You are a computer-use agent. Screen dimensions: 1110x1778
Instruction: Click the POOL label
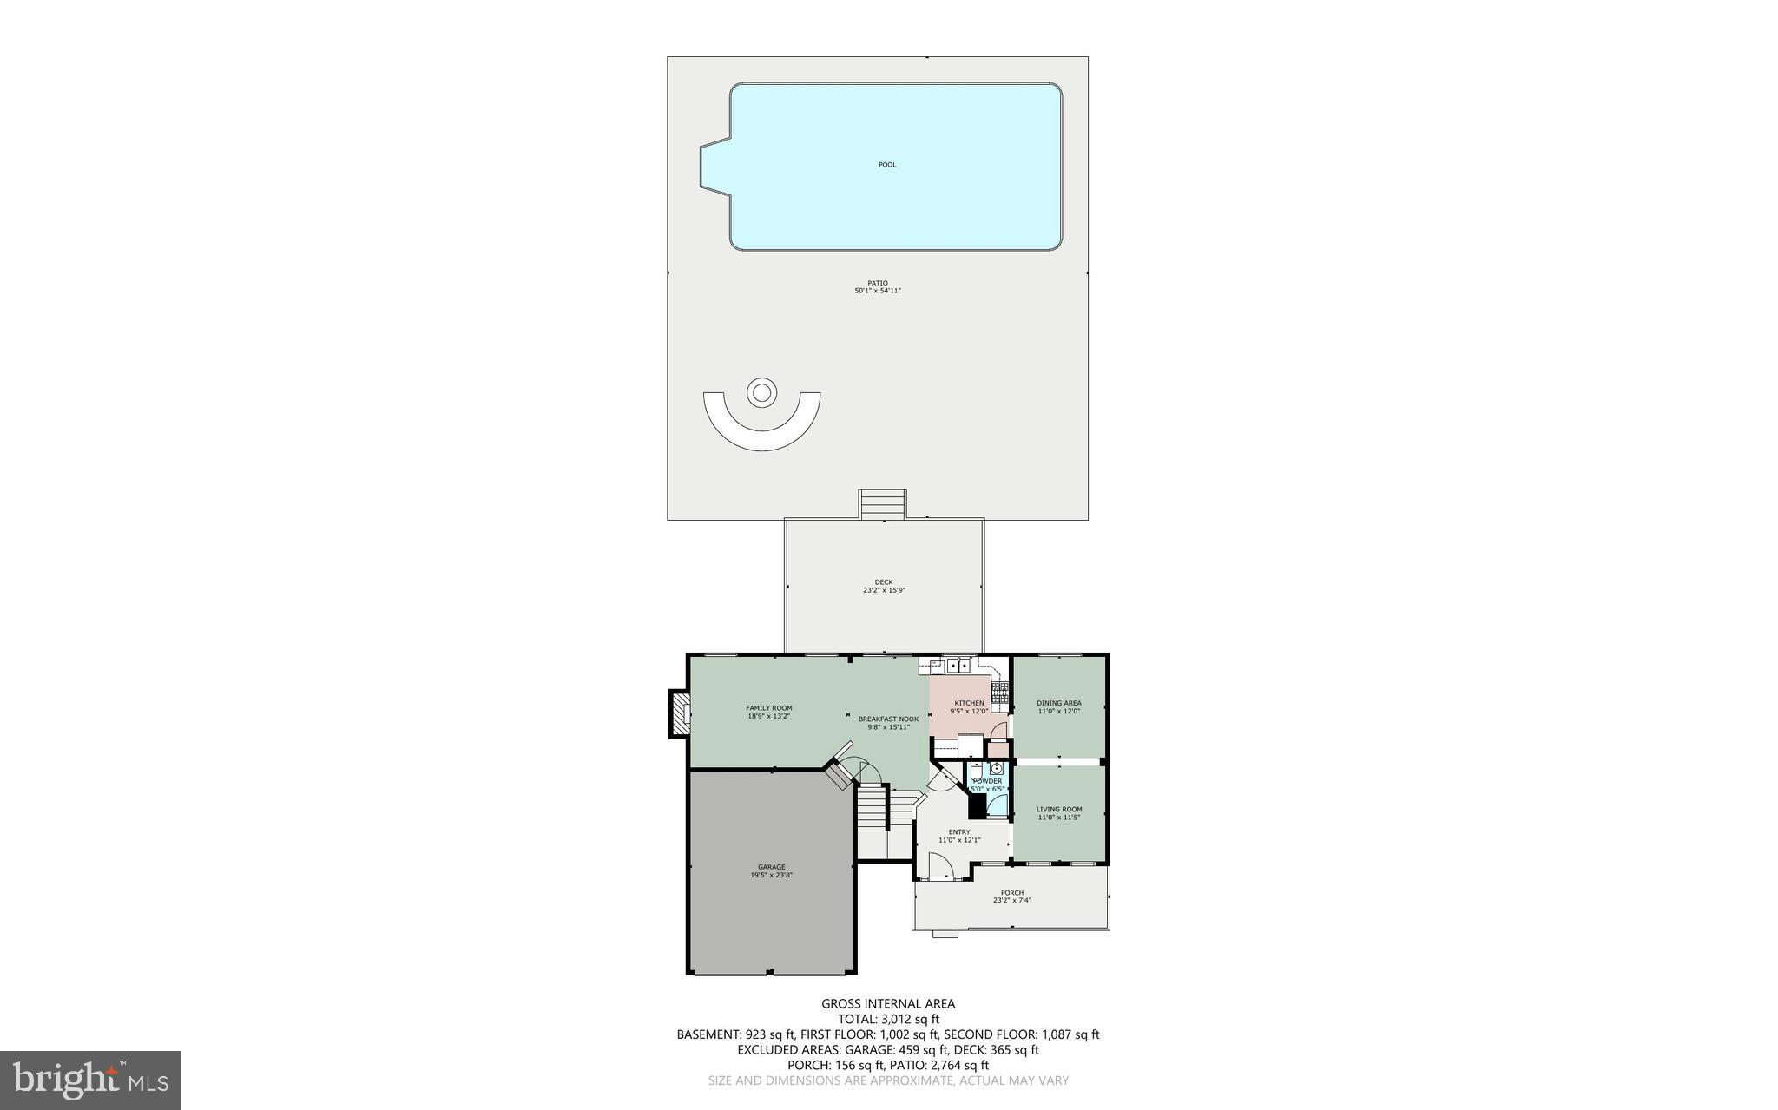tap(886, 165)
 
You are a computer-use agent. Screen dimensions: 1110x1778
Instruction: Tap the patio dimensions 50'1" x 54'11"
tap(878, 292)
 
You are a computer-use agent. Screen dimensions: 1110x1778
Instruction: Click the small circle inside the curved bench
tap(761, 393)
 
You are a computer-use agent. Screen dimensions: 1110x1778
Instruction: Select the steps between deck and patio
tap(883, 504)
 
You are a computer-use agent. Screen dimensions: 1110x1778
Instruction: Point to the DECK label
tap(883, 582)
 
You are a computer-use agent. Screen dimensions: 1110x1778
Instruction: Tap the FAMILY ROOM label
tap(768, 708)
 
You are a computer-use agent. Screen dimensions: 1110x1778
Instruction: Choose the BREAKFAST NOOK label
tap(887, 719)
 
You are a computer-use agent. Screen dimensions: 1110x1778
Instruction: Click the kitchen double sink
tap(958, 666)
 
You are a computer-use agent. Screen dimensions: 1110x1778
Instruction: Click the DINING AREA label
tap(1058, 703)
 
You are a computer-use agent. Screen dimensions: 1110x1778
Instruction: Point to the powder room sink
tap(997, 769)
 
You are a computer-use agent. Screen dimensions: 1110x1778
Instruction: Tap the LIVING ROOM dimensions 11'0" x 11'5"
tap(1058, 818)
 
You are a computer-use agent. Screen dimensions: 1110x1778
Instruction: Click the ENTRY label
tap(958, 832)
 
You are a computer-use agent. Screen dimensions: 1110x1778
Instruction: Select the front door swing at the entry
tap(940, 866)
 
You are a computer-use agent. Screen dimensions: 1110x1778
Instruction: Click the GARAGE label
tap(771, 867)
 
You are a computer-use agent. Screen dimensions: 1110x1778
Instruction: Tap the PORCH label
tap(1011, 893)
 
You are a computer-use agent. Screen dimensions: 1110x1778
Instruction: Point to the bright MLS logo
tap(90, 1080)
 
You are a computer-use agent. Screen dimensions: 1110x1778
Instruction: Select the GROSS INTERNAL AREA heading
tap(887, 1004)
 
